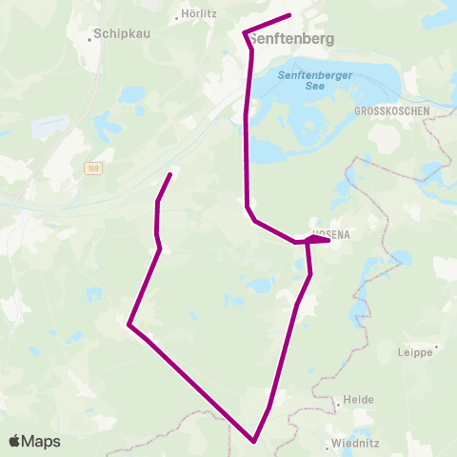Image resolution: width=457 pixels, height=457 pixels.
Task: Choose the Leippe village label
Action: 414,352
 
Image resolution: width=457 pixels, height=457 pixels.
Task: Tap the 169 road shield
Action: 91,169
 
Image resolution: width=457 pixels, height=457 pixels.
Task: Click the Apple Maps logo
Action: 34,441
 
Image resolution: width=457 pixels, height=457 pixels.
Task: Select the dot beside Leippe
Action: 436,348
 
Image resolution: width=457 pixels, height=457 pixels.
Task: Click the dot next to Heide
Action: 338,405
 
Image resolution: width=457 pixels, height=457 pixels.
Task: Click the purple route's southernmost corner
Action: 254,441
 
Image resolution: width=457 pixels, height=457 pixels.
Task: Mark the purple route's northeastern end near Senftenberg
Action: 289,15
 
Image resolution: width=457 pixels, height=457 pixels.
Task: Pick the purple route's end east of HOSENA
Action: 328,241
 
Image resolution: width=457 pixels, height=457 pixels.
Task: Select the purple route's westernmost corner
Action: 129,325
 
